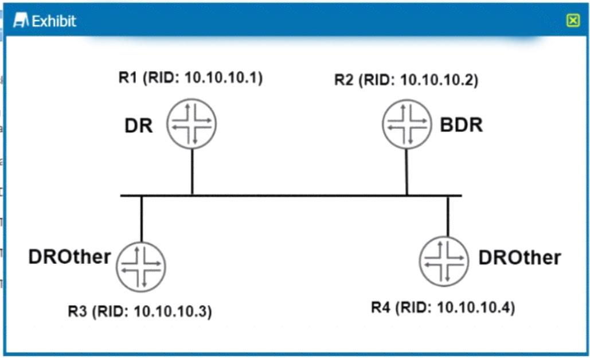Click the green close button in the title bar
(x=573, y=20)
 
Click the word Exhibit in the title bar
(x=54, y=21)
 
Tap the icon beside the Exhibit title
(x=21, y=20)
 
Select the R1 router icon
(x=192, y=124)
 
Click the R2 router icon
(x=407, y=124)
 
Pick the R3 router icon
(x=141, y=267)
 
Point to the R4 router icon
(x=444, y=261)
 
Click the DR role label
(x=139, y=126)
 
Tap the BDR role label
(x=462, y=125)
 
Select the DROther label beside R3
(x=69, y=257)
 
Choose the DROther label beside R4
(x=519, y=258)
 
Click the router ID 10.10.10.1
(x=224, y=77)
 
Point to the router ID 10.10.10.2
(x=439, y=80)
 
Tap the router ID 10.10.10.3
(x=173, y=311)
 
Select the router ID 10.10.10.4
(x=476, y=307)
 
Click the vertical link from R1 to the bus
(x=192, y=172)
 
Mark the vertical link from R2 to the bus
(x=407, y=173)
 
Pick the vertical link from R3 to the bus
(x=142, y=219)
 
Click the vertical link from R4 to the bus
(x=448, y=216)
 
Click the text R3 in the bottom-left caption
(x=77, y=311)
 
